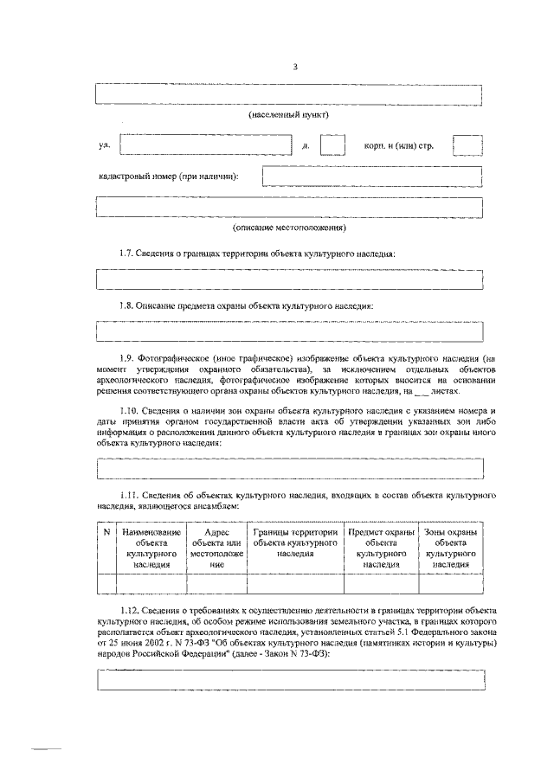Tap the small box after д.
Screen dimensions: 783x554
point(333,144)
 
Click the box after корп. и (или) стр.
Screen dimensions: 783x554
point(467,144)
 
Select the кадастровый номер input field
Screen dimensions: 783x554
point(372,176)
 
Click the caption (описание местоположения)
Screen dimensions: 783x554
point(289,228)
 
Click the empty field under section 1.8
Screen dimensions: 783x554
point(289,331)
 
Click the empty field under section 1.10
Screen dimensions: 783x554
point(289,467)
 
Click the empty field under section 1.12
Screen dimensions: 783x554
point(289,680)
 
